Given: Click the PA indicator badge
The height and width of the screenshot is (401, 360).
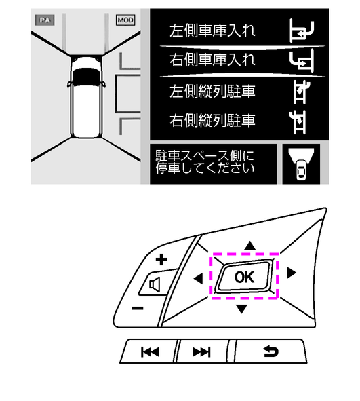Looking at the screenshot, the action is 45,20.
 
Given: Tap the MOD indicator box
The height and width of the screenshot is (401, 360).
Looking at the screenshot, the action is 125,20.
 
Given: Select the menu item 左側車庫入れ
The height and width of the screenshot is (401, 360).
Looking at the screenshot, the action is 213,31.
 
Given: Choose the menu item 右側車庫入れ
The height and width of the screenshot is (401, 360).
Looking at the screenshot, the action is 213,60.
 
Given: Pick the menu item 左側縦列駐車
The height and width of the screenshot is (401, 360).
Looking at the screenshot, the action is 213,92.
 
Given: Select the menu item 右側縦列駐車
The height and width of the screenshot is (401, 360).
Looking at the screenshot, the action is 213,120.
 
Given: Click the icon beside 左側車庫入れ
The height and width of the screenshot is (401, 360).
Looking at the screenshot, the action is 302,31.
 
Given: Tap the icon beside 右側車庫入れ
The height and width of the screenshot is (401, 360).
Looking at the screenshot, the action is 302,60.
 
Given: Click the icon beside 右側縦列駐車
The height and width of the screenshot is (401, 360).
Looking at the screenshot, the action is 298,122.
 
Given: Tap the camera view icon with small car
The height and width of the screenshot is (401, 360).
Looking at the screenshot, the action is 301,164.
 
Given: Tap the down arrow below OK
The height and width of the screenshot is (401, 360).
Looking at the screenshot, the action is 241,309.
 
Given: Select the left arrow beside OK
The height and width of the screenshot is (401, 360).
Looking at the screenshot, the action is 199,278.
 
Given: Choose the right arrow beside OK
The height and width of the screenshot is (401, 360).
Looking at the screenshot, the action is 292,273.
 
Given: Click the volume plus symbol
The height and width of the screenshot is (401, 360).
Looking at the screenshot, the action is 161,260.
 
